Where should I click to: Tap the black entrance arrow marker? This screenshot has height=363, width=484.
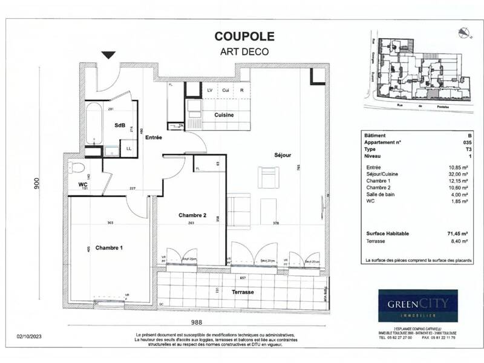point(108,55)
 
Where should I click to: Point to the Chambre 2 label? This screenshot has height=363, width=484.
point(193,215)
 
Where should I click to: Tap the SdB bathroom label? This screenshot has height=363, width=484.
point(120,125)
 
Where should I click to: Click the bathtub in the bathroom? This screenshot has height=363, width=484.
point(94,123)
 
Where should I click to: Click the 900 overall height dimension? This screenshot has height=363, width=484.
point(38,184)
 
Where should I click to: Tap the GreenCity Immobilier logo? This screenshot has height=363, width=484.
point(418,306)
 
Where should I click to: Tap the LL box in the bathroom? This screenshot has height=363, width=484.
point(128,148)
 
